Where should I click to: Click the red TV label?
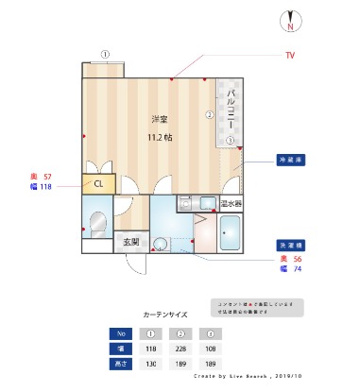(291, 56)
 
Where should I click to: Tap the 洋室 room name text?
(160, 119)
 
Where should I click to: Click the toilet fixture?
(96, 221)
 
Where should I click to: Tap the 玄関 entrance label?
(130, 243)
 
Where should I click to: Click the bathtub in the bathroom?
(231, 232)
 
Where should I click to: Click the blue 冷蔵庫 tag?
(289, 160)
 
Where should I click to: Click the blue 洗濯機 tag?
(289, 245)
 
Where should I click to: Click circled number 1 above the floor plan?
(106, 54)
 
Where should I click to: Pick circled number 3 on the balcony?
(229, 141)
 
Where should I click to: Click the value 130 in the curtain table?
(149, 363)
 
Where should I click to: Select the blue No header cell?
(118, 333)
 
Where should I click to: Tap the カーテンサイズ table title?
(164, 313)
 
